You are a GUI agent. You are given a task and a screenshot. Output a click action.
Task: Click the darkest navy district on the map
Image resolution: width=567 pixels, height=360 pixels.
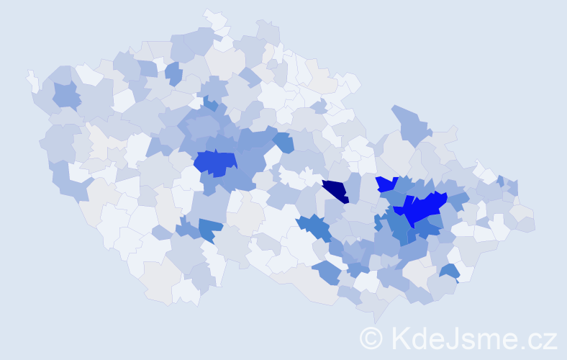335,192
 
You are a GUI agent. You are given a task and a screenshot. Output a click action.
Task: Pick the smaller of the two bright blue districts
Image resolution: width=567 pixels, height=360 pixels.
386,184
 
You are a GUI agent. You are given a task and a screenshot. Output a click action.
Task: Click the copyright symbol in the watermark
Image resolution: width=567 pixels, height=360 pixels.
373,337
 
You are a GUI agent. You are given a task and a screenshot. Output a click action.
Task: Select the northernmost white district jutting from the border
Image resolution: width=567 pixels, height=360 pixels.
214,17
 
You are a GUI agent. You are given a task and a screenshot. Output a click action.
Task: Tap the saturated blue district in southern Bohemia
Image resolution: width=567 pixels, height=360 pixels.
209,229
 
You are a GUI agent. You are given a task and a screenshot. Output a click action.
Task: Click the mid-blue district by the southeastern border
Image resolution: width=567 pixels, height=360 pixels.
449,272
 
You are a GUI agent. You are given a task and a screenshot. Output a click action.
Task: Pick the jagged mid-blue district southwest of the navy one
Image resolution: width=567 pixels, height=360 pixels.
314,227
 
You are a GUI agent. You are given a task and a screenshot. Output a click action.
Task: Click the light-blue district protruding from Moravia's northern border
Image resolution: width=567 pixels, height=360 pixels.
410,122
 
